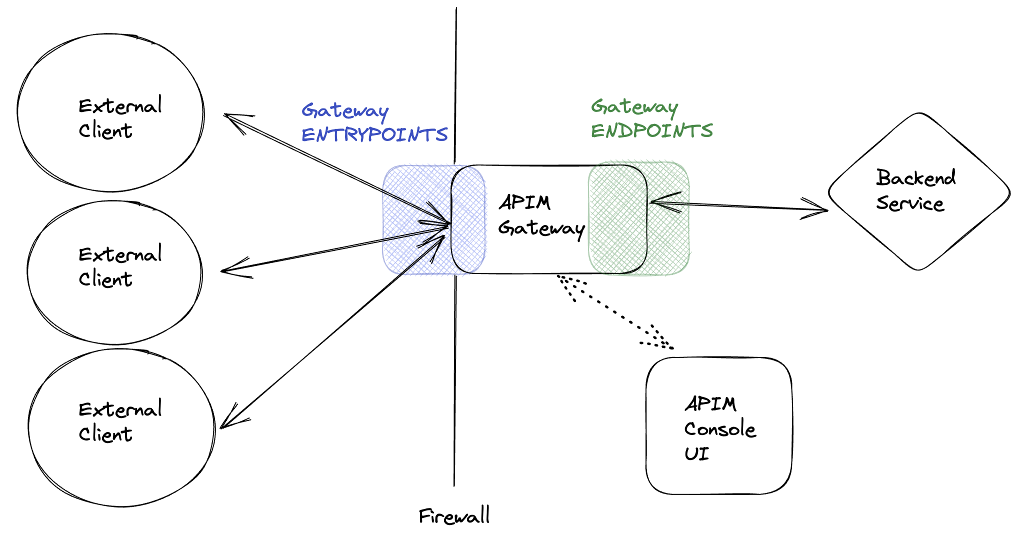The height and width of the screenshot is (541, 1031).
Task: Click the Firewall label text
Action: (454, 516)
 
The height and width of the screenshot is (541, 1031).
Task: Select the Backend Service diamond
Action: (919, 191)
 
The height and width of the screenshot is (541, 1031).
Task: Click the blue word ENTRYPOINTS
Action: (374, 134)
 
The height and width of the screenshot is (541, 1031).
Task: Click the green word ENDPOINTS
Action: (651, 131)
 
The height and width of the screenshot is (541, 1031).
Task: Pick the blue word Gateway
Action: (345, 110)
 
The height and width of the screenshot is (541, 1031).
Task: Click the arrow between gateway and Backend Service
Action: (740, 205)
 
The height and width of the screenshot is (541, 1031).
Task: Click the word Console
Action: (720, 429)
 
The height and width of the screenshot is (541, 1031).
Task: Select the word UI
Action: (696, 453)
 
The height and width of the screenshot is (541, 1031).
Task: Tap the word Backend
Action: (916, 178)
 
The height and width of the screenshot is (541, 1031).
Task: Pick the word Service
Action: (910, 203)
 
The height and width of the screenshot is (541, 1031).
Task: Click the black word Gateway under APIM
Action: (541, 228)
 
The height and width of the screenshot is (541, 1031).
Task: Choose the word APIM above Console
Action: (710, 404)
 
